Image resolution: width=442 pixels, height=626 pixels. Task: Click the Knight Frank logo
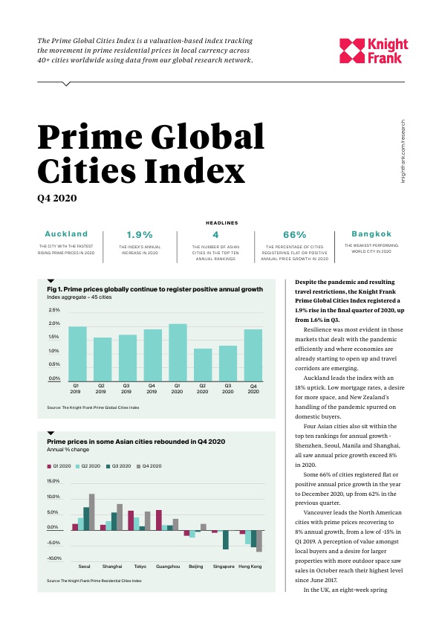374,51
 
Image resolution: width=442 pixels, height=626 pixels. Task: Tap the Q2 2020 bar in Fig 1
203,365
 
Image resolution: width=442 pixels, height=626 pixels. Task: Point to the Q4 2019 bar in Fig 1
153,355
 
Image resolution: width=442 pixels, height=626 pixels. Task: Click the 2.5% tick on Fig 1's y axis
54,310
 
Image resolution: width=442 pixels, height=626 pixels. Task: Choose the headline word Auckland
66,234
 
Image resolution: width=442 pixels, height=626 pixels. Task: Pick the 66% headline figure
295,235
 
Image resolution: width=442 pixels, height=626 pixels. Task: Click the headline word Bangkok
371,234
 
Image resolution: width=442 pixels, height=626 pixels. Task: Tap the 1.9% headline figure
140,235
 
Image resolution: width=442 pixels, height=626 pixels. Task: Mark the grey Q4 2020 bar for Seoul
92,512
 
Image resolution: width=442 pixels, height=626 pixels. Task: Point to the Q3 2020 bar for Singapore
226,540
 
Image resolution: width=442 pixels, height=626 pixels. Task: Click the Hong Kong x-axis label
250,567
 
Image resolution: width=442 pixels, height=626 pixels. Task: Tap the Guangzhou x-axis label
168,567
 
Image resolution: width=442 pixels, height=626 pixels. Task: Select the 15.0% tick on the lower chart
53,481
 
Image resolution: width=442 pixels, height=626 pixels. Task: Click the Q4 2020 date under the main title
57,198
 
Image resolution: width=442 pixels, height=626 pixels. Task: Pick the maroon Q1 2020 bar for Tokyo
131,520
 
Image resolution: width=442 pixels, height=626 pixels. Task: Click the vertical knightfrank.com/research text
403,152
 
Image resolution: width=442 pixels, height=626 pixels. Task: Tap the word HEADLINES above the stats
222,223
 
